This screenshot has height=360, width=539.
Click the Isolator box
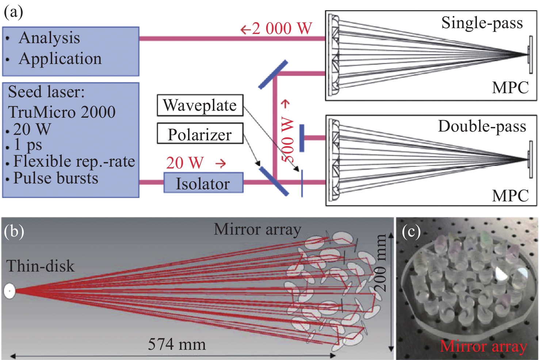(203, 183)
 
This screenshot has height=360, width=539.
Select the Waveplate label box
(200, 105)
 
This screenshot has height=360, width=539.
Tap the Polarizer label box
(200, 134)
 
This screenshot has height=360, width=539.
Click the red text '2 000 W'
(282, 29)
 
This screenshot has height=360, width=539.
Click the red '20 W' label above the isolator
(185, 163)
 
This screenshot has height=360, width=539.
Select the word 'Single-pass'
(482, 23)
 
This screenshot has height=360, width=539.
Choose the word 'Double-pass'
(482, 126)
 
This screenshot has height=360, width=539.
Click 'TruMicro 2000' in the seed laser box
(62, 112)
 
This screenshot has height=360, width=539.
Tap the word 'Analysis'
(49, 38)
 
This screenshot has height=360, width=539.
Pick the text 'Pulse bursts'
(56, 178)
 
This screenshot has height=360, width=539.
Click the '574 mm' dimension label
(177, 344)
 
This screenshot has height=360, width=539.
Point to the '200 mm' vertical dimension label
(380, 263)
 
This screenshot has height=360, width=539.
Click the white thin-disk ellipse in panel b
(9, 291)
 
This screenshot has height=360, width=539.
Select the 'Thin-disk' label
(40, 266)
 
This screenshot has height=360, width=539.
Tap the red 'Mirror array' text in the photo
(483, 346)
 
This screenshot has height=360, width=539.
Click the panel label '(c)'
(411, 232)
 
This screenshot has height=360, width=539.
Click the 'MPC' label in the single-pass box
(510, 88)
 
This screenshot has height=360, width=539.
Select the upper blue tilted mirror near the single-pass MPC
(273, 75)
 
